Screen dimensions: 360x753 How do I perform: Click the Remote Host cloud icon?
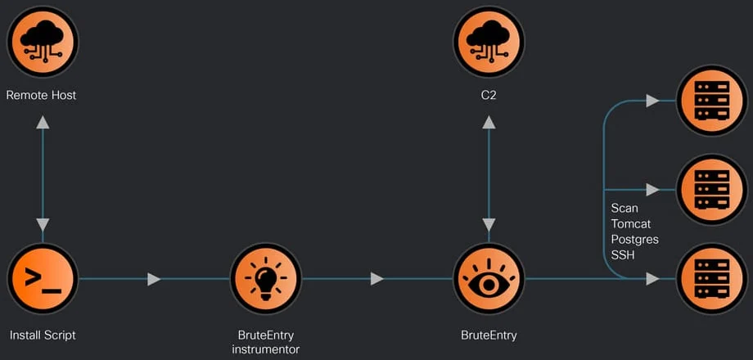coord(42,41)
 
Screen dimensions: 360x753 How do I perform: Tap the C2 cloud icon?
coord(489,41)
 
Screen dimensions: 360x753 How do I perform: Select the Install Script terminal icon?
coord(42,279)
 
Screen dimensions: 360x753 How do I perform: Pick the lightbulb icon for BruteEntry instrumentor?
coord(265,279)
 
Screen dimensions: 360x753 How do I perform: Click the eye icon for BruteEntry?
coord(489,279)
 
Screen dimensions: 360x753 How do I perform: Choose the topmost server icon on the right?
coord(711,100)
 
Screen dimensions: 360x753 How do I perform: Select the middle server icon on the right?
coord(711,189)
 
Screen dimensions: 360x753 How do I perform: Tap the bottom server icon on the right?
coord(711,279)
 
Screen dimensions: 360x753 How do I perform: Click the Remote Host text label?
coord(42,95)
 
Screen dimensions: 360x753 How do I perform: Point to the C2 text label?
coord(489,95)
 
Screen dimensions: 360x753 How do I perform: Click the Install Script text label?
coord(43,335)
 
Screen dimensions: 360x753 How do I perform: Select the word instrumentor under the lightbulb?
coord(265,349)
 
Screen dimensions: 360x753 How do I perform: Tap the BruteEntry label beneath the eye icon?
coord(489,335)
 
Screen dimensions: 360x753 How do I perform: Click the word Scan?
coord(624,209)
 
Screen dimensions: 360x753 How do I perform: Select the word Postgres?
coord(634,240)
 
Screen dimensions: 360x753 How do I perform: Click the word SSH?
coord(623,255)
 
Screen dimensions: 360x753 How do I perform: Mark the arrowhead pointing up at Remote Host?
coord(43,122)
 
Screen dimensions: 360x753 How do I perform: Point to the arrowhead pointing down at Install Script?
coord(43,224)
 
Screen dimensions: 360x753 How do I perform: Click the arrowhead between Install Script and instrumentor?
coord(153,279)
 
